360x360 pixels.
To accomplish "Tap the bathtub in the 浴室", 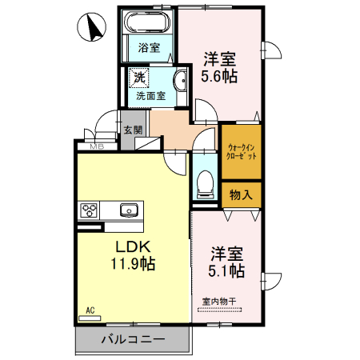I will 147,23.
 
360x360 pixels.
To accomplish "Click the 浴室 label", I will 148,48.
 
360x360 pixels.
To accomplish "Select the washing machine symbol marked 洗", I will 138,78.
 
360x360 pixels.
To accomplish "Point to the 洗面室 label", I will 150,95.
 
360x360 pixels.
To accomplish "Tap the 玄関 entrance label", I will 132,130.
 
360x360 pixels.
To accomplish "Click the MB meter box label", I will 96,146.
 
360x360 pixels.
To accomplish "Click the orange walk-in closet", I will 241,151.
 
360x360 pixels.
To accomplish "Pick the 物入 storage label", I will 241,194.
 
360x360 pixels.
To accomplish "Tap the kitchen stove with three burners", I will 88,211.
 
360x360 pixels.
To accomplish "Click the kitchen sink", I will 128,210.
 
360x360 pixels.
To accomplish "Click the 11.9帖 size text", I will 132,262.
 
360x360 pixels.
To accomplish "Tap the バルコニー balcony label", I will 133,340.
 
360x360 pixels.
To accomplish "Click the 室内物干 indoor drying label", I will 219,302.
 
